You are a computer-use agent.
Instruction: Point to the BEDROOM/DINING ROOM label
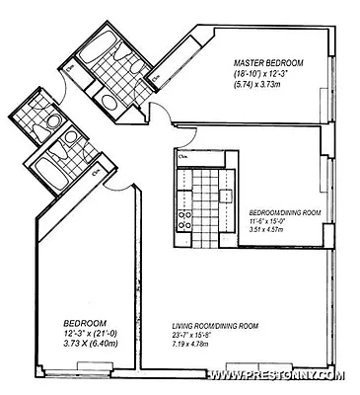pyautogui.click(x=282, y=211)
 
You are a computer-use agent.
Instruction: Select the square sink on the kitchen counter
pyautogui.click(x=228, y=181)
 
